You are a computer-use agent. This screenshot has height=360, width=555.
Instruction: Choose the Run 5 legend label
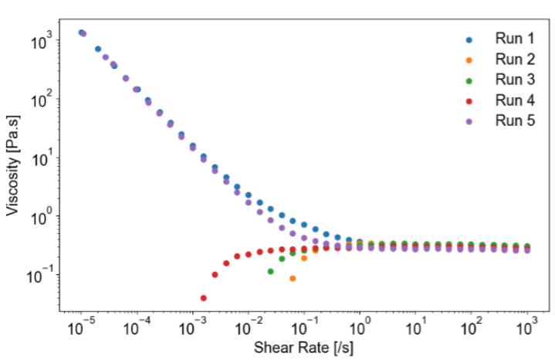coord(514,121)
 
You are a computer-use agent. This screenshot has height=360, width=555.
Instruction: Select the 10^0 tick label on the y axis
coord(42,216)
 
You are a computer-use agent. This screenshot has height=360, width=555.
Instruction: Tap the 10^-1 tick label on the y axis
coord(42,275)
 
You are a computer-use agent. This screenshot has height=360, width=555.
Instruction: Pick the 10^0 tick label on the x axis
coord(360,328)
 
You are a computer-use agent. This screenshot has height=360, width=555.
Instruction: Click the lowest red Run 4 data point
coord(204,298)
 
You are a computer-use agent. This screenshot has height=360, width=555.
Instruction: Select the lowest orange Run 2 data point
coord(293,278)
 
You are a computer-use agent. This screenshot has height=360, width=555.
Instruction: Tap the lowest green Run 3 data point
coord(270,271)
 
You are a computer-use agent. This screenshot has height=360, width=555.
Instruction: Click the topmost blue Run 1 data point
coord(81,32)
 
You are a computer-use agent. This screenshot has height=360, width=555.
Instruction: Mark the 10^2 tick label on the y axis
coord(42,99)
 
